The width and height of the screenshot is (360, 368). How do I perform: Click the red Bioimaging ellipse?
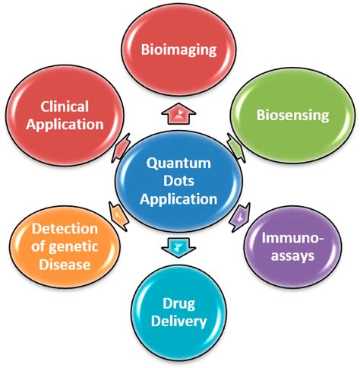click(178, 50)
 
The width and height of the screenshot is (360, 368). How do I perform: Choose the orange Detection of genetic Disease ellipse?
click(65, 246)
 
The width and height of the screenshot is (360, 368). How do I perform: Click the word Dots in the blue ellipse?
click(179, 182)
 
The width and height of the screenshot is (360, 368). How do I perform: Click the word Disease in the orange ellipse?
click(65, 265)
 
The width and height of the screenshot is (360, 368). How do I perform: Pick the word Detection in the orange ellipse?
click(65, 228)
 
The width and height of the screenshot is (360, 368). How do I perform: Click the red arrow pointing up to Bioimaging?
click(179, 112)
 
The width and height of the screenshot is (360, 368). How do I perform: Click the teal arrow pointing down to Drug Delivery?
click(179, 248)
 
